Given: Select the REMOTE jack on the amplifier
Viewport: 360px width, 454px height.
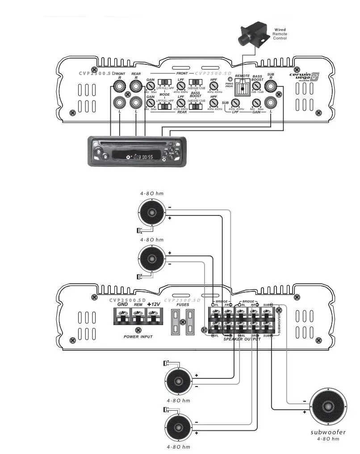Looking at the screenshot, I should [242, 89].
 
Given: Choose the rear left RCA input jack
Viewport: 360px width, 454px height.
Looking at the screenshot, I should [135, 103].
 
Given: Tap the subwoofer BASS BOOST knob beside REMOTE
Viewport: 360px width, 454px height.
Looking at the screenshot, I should [256, 87].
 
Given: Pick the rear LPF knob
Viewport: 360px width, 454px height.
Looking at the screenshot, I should [181, 104].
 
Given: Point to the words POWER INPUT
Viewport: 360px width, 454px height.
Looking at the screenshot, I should [138, 336].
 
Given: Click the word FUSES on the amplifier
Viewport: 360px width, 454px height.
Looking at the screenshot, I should [183, 304].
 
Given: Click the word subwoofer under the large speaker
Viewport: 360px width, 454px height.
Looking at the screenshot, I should [328, 432].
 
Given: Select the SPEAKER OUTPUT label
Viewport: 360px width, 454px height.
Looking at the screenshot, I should [242, 340].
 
